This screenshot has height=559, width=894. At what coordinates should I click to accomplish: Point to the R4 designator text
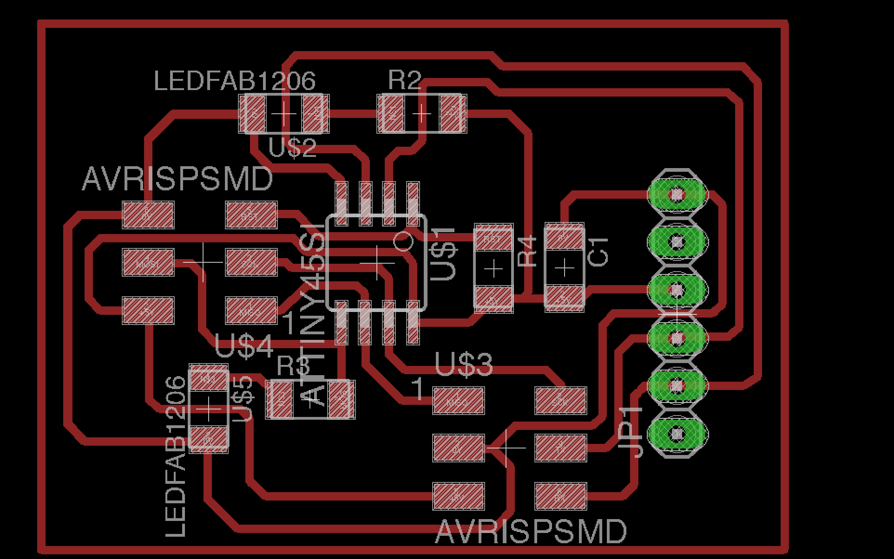click(527, 252)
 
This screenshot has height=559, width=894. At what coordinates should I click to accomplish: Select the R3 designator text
click(293, 366)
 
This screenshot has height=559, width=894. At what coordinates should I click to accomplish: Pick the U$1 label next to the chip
click(443, 253)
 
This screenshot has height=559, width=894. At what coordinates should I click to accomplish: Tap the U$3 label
click(463, 364)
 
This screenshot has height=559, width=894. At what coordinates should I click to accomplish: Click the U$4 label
click(244, 347)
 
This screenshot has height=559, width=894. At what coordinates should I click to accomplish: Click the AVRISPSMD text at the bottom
click(531, 532)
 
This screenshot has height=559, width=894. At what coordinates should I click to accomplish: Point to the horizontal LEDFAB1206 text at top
click(235, 81)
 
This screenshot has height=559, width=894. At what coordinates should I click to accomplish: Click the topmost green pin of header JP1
click(677, 194)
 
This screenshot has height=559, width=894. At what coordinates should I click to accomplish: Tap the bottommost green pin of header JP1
click(677, 433)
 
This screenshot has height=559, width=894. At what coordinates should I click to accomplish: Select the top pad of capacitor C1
click(564, 239)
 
